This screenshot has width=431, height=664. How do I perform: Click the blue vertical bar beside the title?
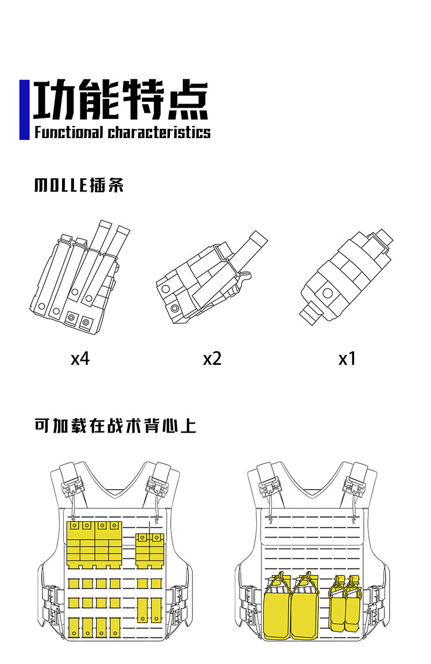click(x=24, y=109)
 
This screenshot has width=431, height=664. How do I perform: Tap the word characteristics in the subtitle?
click(x=159, y=132)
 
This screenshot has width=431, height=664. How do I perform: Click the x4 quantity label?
click(x=80, y=359)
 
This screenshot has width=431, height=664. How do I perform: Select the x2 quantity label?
click(x=212, y=359)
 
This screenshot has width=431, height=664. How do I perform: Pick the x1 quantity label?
click(x=347, y=359)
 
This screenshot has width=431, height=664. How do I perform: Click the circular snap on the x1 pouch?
click(x=328, y=292)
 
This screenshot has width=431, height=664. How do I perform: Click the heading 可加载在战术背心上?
click(x=116, y=426)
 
